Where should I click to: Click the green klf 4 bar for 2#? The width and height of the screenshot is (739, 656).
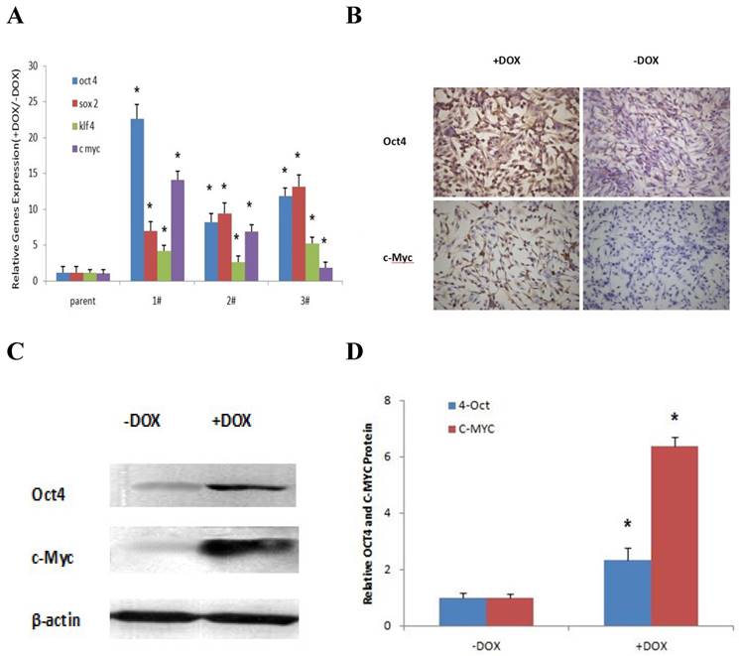238,271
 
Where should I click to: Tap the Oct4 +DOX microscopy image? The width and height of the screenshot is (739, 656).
504,138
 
